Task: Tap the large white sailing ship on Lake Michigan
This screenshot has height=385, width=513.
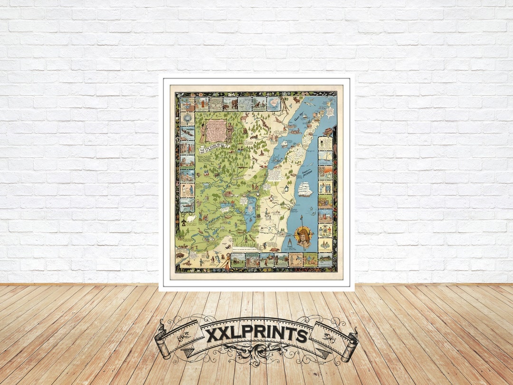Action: click(304, 189)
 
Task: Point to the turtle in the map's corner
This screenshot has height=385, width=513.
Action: click(275, 249)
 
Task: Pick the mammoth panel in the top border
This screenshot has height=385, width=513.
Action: click(230, 104)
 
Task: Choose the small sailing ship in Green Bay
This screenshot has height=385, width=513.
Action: click(285, 144)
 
